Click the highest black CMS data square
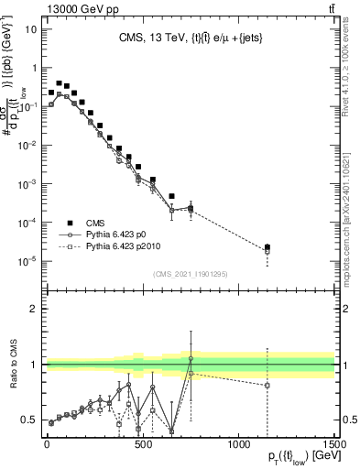click(x=60, y=83)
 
